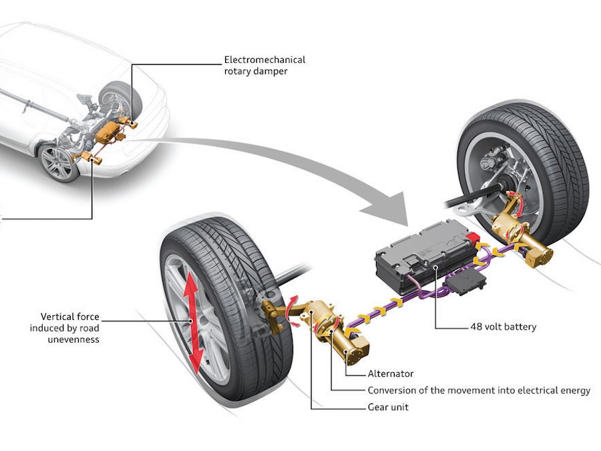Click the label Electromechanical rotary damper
coord(264,65)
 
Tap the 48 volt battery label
coord(503,327)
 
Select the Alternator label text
coord(391,374)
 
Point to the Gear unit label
coord(388,407)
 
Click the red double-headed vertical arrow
coord(193,324)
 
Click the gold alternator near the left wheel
coord(344,337)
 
